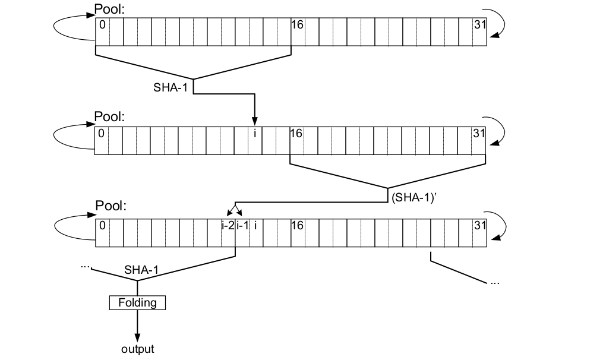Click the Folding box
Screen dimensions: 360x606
coord(137,303)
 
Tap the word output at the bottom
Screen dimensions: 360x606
coord(137,349)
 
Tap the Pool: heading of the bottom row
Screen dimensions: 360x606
coord(109,206)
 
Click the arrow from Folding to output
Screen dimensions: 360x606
coord(137,324)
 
